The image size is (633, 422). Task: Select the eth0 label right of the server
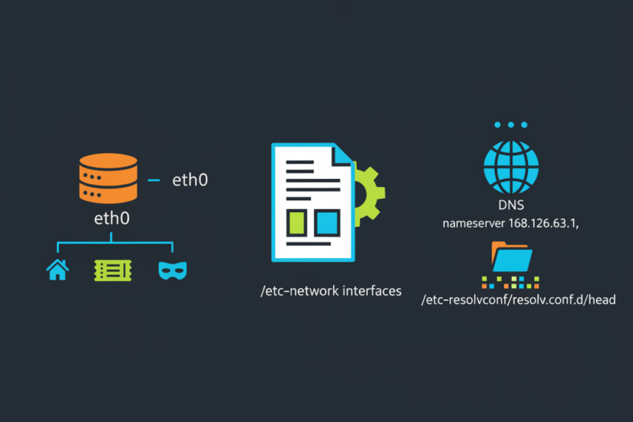pyautogui.click(x=190, y=181)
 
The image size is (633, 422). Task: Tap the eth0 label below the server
pyautogui.click(x=110, y=217)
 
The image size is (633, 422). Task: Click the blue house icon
pyautogui.click(x=58, y=270)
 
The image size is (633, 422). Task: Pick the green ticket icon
pyautogui.click(x=109, y=270)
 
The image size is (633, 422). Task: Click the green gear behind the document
pyautogui.click(x=369, y=192)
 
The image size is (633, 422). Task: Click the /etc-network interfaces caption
pyautogui.click(x=331, y=291)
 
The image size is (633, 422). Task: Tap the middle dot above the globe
pyautogui.click(x=511, y=125)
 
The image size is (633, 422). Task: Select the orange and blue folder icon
pyautogui.click(x=511, y=257)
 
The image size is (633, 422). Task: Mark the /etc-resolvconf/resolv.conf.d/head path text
pyautogui.click(x=518, y=300)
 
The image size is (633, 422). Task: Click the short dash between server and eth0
pyautogui.click(x=154, y=180)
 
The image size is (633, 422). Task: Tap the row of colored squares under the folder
pyautogui.click(x=511, y=281)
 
